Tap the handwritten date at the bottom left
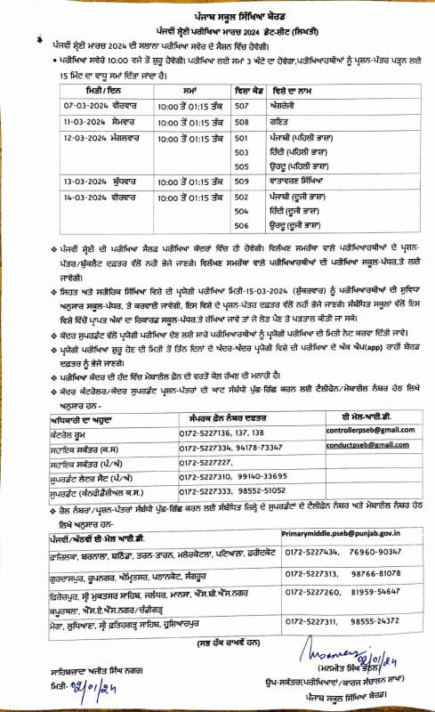click(x=69, y=690)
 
